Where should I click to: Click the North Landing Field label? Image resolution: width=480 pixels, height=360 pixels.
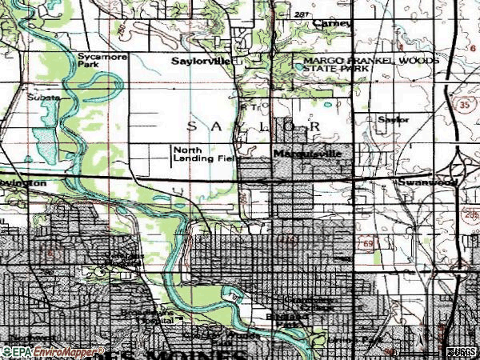pyautogui.click(x=203, y=154)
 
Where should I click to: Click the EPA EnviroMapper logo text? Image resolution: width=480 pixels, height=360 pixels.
pyautogui.click(x=53, y=351)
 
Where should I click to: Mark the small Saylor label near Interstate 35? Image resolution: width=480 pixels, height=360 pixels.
pyautogui.click(x=393, y=119)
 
